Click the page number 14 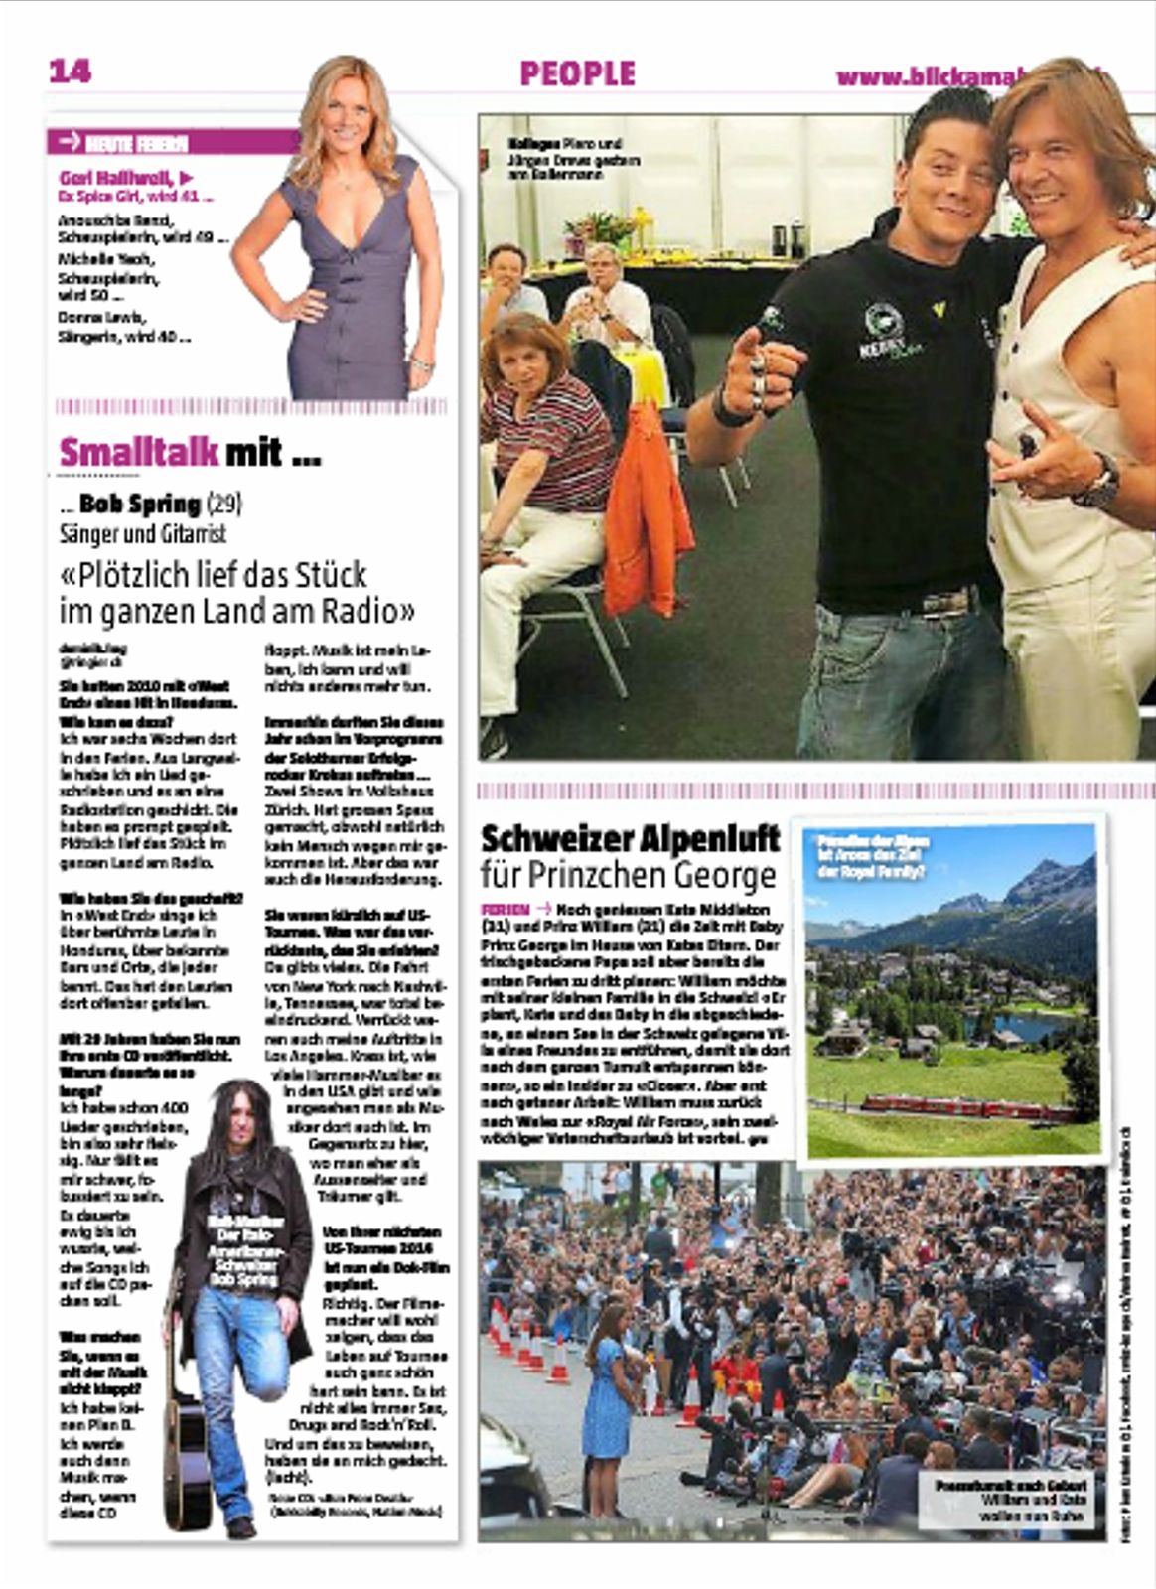pos(70,71)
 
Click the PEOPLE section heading pos(577,73)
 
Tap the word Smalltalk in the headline pos(138,452)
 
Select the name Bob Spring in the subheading pos(140,504)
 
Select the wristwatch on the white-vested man pos(1101,481)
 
